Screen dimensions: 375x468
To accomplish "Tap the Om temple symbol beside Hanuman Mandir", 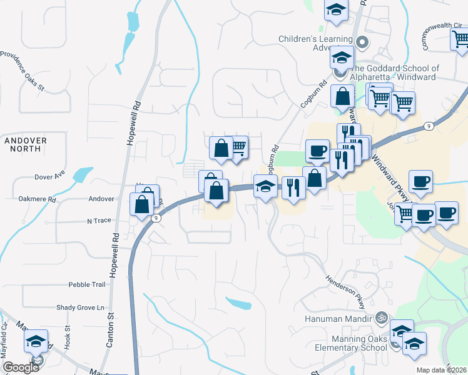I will pos(380,318).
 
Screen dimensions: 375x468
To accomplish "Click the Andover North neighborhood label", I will pos(26,145).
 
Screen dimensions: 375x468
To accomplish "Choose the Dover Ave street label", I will pos(50,176).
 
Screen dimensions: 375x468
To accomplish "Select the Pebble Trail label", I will pos(87,284).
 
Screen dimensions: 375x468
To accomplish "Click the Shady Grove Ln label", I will pos(79,307).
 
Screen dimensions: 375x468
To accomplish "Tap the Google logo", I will pos(21,367).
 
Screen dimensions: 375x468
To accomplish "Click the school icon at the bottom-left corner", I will pos(36,341).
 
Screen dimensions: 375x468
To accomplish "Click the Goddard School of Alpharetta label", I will pos(395,73).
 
